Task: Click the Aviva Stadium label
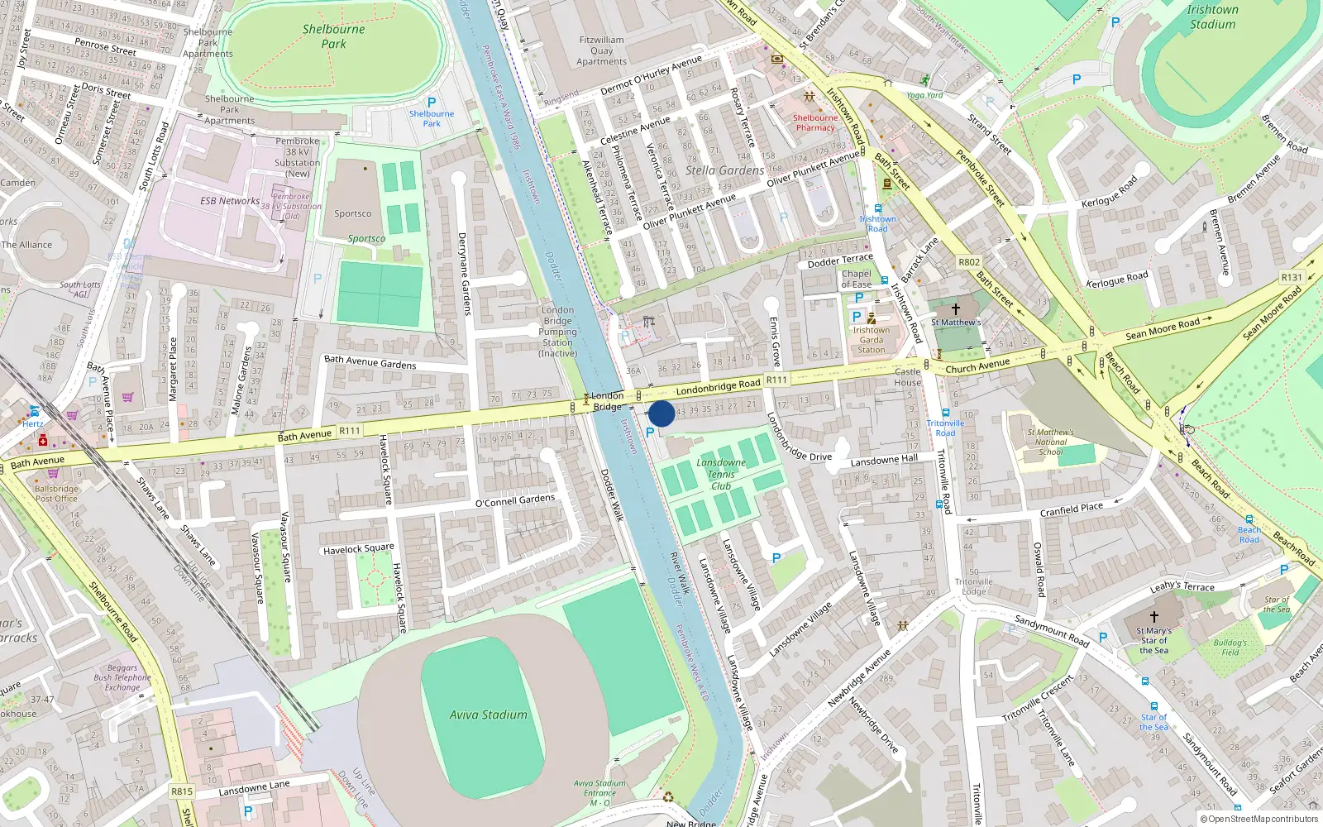[488, 715]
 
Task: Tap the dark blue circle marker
[661, 413]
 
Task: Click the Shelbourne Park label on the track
[333, 36]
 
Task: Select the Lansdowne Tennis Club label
[721, 474]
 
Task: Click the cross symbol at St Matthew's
[955, 308]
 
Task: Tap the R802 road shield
[969, 262]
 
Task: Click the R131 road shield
[1291, 278]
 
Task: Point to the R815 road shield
[182, 791]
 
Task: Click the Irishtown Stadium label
[1212, 17]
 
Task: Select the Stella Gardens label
[725, 170]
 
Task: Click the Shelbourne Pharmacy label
[815, 122]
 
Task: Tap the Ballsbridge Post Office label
[56, 494]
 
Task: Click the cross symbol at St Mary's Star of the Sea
[1154, 616]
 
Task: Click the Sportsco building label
[353, 213]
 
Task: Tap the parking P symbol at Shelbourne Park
[431, 103]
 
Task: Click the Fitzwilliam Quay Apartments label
[601, 50]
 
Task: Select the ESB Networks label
[230, 201]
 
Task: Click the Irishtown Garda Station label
[872, 340]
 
